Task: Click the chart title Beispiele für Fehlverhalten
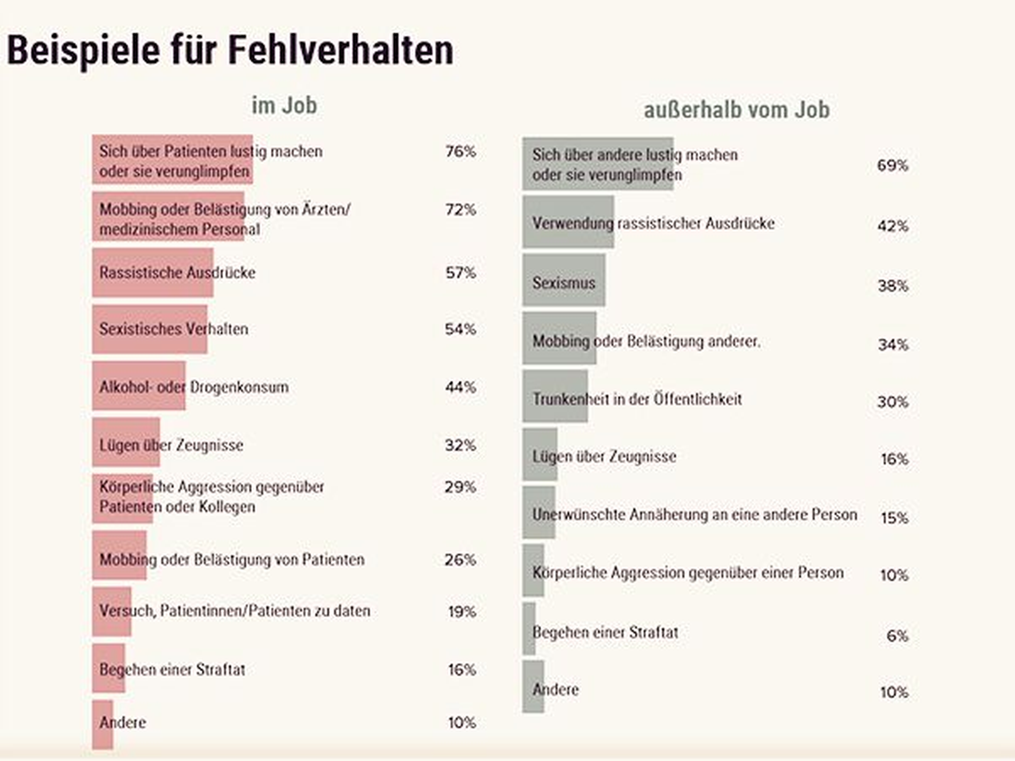230,51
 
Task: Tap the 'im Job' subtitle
284,105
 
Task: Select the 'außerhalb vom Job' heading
737,110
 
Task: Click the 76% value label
460,152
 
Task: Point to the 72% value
460,210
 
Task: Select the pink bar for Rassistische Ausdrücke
153,272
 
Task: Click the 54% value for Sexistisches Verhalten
460,329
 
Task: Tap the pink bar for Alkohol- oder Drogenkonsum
139,386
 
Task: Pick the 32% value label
460,445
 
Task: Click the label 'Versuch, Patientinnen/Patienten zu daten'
235,610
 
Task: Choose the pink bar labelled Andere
103,725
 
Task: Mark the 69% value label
893,166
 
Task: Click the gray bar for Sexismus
564,280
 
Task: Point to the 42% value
893,226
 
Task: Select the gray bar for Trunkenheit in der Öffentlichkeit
555,396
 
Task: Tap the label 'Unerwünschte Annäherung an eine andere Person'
695,514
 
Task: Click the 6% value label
897,636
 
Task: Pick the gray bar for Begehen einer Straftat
529,629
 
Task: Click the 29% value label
460,487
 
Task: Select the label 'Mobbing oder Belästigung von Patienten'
232,559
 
